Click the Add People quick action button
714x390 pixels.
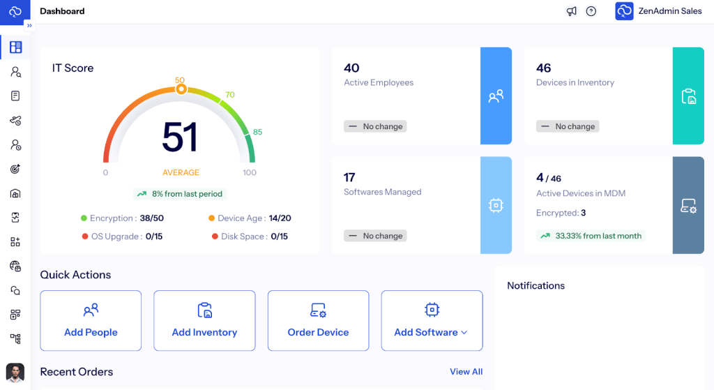tap(91, 320)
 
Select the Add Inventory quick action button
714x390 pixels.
tap(204, 320)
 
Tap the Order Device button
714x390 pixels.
tap(318, 320)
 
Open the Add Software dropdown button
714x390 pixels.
tap(431, 320)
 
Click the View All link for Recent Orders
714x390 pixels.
tap(466, 372)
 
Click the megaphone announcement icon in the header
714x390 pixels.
tap(572, 11)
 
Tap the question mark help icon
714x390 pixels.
tap(591, 11)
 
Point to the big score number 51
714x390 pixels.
tap(180, 137)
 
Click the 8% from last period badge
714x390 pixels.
tap(181, 194)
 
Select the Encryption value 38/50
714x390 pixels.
tap(151, 218)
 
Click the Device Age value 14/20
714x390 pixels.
tap(280, 218)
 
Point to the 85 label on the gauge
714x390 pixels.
tap(257, 132)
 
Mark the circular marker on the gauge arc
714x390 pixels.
tap(181, 89)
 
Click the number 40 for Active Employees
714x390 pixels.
tap(351, 68)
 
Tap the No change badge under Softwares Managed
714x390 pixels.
tap(375, 236)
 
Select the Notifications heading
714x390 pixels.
tap(535, 286)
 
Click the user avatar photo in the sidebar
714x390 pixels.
tap(15, 373)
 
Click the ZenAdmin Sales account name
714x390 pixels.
tap(670, 11)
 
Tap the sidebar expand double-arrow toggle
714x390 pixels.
tap(29, 25)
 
